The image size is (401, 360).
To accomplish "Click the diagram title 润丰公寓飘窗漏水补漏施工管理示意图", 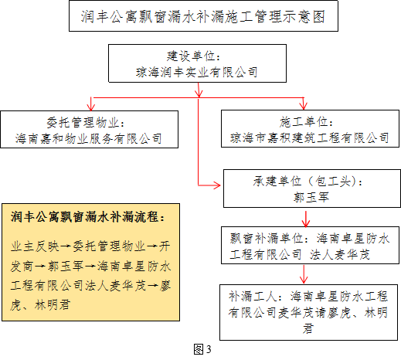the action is click(203, 17).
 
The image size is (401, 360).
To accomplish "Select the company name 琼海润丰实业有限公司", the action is click(197, 72).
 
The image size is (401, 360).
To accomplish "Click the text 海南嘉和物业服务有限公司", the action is click(89, 138).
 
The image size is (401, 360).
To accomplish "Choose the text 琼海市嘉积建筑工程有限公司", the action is click(310, 138).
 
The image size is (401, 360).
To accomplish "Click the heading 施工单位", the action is click(304, 121).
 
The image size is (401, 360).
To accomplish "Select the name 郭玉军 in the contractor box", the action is click(311, 197).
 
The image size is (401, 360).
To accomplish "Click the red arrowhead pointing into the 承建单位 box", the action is click(216, 185).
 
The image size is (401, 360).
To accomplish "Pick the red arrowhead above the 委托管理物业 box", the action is click(91, 107).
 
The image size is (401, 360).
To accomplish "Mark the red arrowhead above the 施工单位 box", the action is click(304, 105).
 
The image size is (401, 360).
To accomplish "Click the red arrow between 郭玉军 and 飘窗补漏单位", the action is click(306, 219).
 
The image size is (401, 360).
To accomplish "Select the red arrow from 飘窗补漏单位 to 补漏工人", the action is click(304, 274).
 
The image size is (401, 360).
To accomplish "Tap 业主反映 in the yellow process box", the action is click(35, 246).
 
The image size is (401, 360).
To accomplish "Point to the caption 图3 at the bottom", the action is click(202, 349).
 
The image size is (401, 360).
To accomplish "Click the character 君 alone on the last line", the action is click(308, 328).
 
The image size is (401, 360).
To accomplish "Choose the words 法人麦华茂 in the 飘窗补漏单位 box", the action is click(339, 255).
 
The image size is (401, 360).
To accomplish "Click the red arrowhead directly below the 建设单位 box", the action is click(199, 93).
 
